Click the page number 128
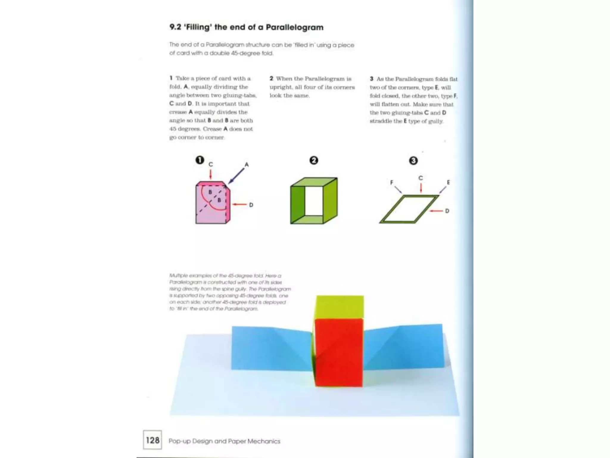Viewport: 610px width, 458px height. (152, 440)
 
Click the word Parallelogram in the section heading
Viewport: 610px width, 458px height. (294, 27)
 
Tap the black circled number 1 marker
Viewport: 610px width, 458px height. (200, 160)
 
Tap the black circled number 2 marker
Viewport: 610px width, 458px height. (314, 160)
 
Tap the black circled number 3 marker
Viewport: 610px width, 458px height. (413, 161)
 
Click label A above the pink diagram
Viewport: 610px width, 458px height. (247, 164)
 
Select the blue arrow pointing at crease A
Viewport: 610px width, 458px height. (237, 176)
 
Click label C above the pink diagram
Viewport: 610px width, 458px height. (211, 164)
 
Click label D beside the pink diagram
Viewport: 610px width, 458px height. (251, 205)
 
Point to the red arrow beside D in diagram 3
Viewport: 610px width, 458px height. (437, 211)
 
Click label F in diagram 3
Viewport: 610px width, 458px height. (392, 182)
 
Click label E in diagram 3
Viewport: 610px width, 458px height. (448, 182)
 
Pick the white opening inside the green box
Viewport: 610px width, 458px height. (314, 200)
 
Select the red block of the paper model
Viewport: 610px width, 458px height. (339, 352)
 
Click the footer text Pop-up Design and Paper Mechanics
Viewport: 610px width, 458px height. (224, 441)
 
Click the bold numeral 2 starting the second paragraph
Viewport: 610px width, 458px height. (271, 78)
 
